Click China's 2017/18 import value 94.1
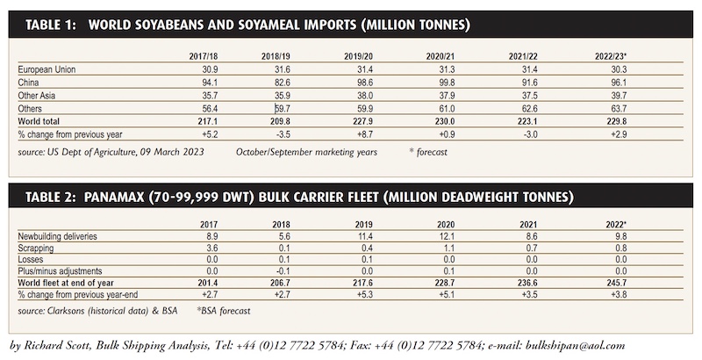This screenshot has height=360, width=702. click(x=209, y=83)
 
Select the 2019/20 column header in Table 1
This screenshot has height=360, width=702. click(x=358, y=56)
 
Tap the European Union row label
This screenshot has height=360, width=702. click(x=47, y=69)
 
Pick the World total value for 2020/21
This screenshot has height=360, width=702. click(x=446, y=121)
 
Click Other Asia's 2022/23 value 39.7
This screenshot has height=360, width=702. click(x=619, y=96)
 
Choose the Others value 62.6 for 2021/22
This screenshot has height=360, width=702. click(x=529, y=108)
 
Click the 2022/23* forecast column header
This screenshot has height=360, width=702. click(x=611, y=56)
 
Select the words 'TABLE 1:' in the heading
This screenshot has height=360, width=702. click(x=51, y=25)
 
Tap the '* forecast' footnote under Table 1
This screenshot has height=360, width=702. click(x=428, y=152)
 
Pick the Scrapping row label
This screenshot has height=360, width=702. click(x=36, y=248)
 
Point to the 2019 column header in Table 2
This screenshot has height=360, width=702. click(x=363, y=225)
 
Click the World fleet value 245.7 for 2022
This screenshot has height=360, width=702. click(x=617, y=283)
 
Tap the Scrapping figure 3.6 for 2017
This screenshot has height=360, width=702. click(x=211, y=248)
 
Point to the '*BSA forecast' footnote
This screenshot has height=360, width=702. click(x=224, y=311)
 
